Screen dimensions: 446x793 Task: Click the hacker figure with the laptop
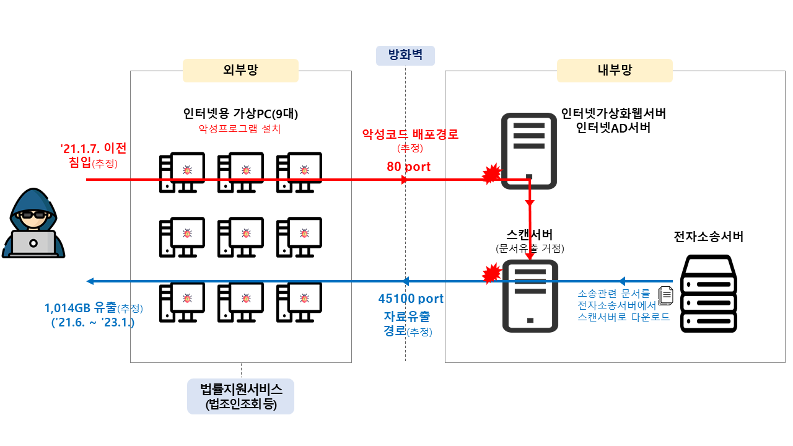[x=33, y=224]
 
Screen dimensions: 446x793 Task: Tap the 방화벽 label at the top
[x=405, y=56]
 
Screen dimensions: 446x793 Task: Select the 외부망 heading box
[x=240, y=70]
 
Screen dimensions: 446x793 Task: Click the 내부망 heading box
[x=614, y=70]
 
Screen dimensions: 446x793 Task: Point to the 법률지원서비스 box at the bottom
[x=240, y=396]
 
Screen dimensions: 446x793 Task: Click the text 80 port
[x=408, y=166]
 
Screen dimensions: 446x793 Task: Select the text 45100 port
[x=411, y=299]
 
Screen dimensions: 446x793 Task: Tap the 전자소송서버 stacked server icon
[x=708, y=294]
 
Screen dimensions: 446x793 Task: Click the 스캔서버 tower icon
[x=529, y=295]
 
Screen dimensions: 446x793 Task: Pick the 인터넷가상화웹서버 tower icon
[x=528, y=151]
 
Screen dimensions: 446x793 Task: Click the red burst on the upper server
[x=491, y=175]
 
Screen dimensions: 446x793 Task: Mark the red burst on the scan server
[x=491, y=273]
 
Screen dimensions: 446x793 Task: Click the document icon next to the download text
[x=665, y=295]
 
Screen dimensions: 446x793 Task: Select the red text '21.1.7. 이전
[x=93, y=149]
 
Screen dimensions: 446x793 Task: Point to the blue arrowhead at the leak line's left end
[x=90, y=281]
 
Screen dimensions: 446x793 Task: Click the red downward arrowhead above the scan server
[x=530, y=203]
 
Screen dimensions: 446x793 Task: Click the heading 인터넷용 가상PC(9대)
[x=240, y=114]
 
